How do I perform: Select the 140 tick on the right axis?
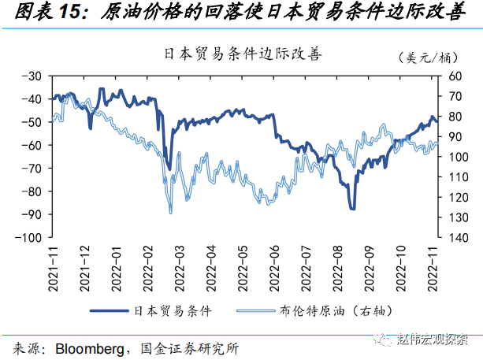point(455,237)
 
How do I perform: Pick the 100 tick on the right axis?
point(455,157)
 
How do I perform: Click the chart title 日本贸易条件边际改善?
point(238,54)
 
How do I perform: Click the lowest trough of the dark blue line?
point(352,208)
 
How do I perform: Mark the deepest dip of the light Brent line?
point(170,212)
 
